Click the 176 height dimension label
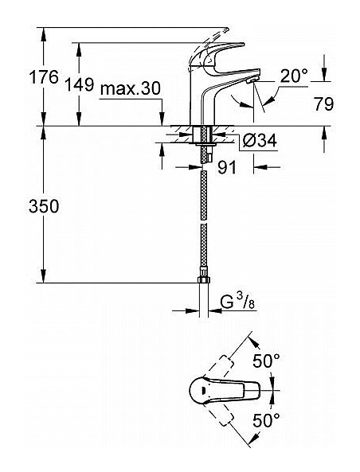[44, 77]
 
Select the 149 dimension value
[80, 84]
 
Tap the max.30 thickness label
[131, 89]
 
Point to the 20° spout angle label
[295, 76]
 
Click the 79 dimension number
[324, 104]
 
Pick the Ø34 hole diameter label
[260, 140]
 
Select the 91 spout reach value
[227, 167]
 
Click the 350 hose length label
[44, 206]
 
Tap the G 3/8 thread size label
[237, 302]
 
